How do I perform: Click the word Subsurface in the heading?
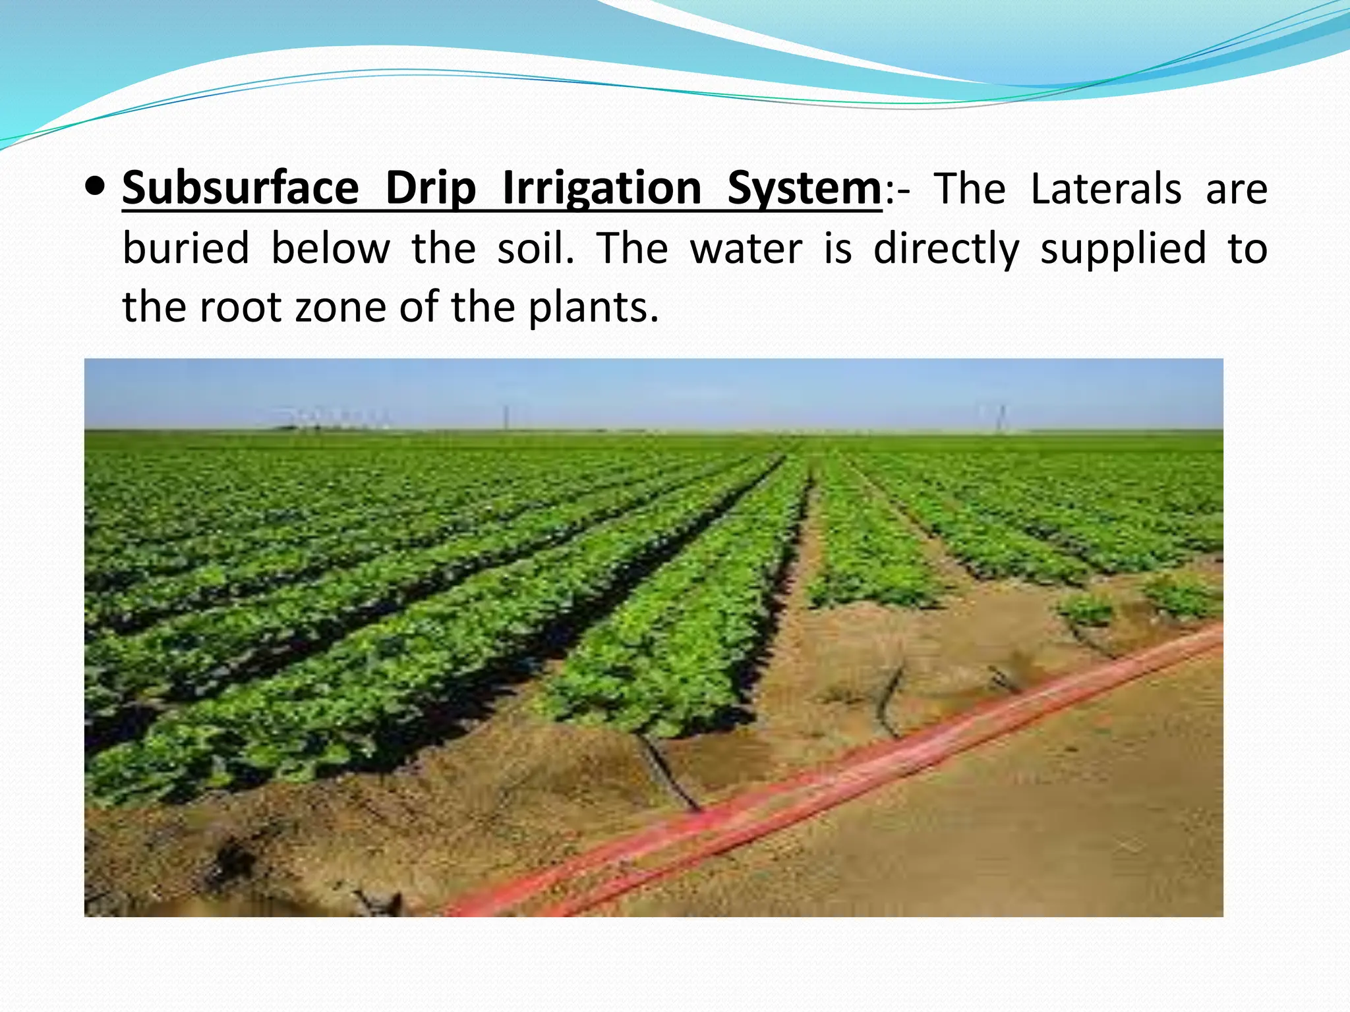tap(240, 189)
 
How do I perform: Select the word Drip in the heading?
tap(430, 189)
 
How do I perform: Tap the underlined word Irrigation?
tap(602, 189)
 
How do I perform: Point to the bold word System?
tap(804, 189)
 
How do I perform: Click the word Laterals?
tap(1105, 189)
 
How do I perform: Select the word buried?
tap(186, 248)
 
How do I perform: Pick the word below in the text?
tap(330, 248)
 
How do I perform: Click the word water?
tap(746, 248)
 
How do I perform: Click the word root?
tap(240, 308)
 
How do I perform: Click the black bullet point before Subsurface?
tap(95, 187)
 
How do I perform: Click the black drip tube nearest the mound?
tap(669, 771)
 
